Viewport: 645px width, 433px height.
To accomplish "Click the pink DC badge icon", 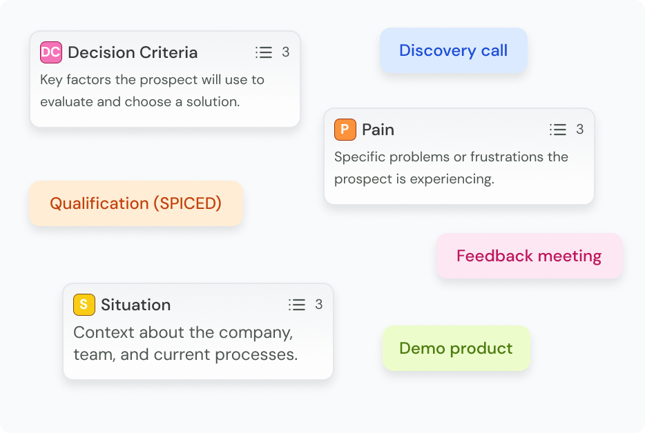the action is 51,52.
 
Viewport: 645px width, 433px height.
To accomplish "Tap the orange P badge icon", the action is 345,130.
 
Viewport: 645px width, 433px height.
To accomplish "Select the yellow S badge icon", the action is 84,305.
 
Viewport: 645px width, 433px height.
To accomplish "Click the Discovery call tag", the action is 453,50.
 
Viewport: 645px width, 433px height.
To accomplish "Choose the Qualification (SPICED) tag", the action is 136,203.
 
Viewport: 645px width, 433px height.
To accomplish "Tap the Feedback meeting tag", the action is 530,256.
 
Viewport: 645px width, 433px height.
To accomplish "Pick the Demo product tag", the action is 456,348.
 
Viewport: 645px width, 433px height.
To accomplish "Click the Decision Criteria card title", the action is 133,52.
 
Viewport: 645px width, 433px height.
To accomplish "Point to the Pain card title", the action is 378,130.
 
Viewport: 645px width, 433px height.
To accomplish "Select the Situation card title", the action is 136,305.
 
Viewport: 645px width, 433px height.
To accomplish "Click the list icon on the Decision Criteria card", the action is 264,52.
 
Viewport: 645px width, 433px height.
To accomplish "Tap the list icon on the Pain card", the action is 558,130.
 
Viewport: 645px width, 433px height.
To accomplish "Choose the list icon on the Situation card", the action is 296,305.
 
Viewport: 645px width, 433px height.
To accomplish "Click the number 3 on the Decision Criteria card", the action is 285,52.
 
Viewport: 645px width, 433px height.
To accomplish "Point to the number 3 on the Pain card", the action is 579,130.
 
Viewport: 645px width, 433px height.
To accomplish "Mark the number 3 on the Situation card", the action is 319,305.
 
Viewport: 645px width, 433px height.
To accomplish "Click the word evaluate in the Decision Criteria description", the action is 66,101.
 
